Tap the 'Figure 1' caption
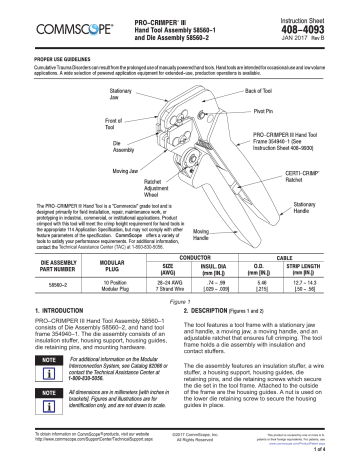180,302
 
